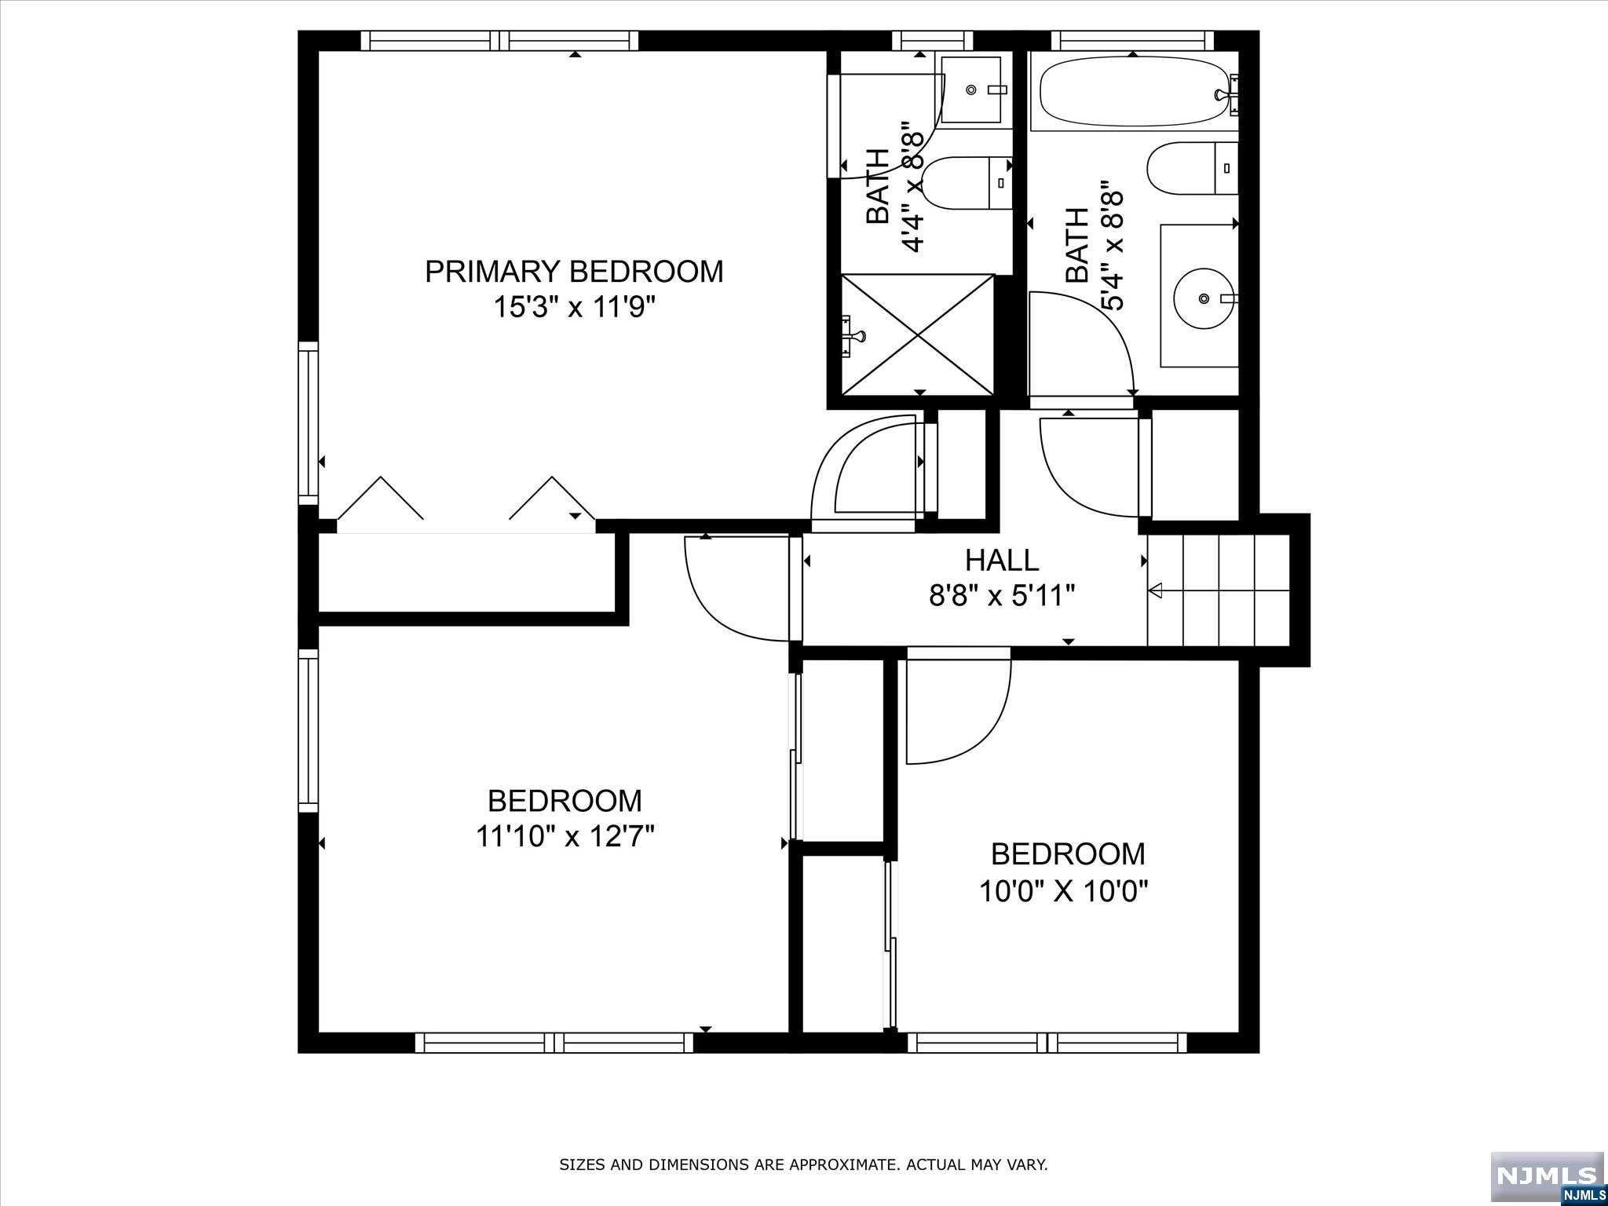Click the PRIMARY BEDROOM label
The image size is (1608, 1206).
pos(574,272)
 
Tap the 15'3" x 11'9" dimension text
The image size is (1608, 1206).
pos(574,307)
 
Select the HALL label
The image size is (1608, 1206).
pos(1002,561)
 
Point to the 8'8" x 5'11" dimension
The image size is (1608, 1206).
pos(1002,597)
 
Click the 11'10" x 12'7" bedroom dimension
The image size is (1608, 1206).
pos(565,836)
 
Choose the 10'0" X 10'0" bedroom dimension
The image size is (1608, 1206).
pos(1064,891)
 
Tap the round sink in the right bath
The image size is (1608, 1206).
pos(1204,298)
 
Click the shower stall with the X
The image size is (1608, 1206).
pos(918,335)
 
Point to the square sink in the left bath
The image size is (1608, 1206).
pos(971,90)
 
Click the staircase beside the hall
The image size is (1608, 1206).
pos(1219,590)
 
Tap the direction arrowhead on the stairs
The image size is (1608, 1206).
pos(1155,590)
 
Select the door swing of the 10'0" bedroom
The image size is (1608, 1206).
pos(959,711)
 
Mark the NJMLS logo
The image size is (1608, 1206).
pos(1547,1177)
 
